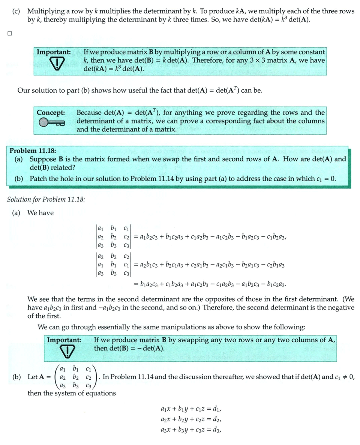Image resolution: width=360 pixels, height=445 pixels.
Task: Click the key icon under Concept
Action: (x=51, y=122)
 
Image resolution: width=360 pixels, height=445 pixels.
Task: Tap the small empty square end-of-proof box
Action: (x=9, y=34)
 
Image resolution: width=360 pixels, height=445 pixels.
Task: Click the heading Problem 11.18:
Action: (x=33, y=151)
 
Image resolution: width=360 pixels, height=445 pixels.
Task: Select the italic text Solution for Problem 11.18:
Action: (x=46, y=199)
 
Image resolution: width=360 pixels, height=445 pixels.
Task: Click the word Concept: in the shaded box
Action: (x=51, y=113)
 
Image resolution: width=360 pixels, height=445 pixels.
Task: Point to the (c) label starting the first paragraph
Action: (x=16, y=11)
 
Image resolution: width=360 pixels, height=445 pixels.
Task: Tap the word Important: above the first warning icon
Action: (x=54, y=52)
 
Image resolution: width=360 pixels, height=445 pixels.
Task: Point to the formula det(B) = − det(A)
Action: (x=129, y=348)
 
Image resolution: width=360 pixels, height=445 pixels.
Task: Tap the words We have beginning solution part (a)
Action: (x=40, y=213)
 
